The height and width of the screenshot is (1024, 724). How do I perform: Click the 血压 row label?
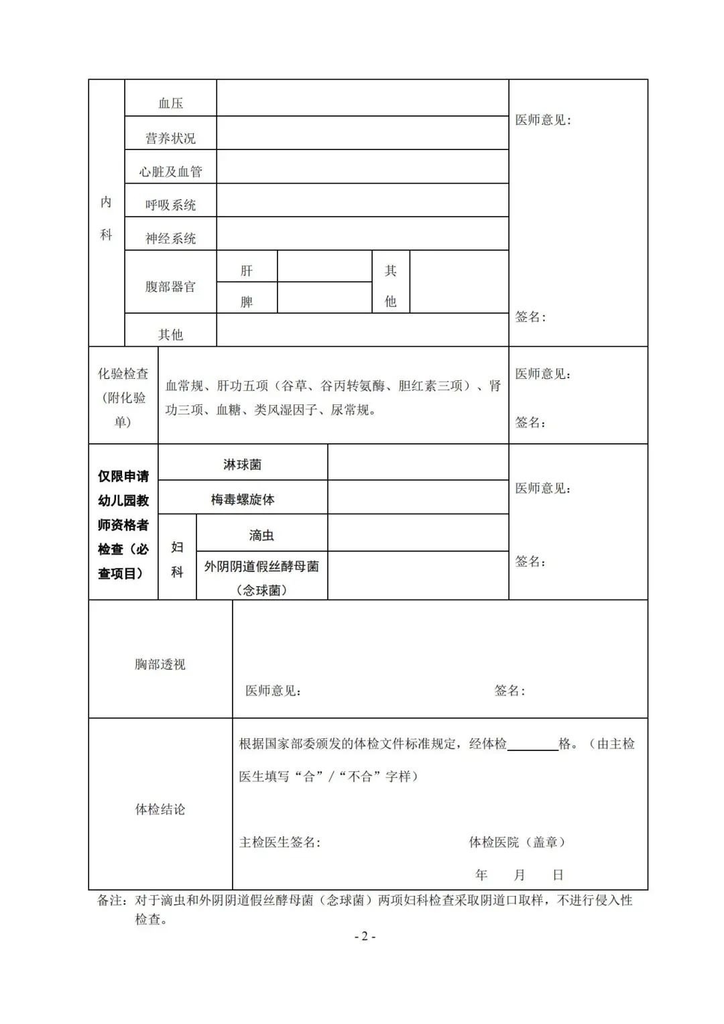coord(170,103)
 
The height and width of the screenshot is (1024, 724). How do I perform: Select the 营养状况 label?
coord(170,138)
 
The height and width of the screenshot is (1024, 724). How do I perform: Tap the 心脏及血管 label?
coord(170,172)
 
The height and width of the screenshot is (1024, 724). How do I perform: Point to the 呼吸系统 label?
coord(170,205)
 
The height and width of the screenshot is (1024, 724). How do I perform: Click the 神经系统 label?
coord(170,239)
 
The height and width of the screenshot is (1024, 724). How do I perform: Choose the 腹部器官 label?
coord(170,287)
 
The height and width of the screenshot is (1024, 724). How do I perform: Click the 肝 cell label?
coord(247,271)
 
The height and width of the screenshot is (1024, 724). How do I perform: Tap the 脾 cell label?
coord(247,302)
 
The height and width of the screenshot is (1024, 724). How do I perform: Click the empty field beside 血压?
coord(362,98)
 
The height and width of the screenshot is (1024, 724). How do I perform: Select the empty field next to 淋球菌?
coord(418,462)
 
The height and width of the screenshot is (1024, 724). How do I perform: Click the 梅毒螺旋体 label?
coord(242,500)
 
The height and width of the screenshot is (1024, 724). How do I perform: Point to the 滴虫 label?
coord(261,535)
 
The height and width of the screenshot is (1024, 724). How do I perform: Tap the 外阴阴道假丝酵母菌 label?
coord(261,567)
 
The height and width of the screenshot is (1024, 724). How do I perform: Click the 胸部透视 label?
coord(160,665)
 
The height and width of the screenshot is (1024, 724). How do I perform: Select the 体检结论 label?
coord(160,809)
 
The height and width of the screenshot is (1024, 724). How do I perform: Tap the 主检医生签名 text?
coord(280,842)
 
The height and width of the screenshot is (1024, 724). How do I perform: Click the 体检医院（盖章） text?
coord(517,842)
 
